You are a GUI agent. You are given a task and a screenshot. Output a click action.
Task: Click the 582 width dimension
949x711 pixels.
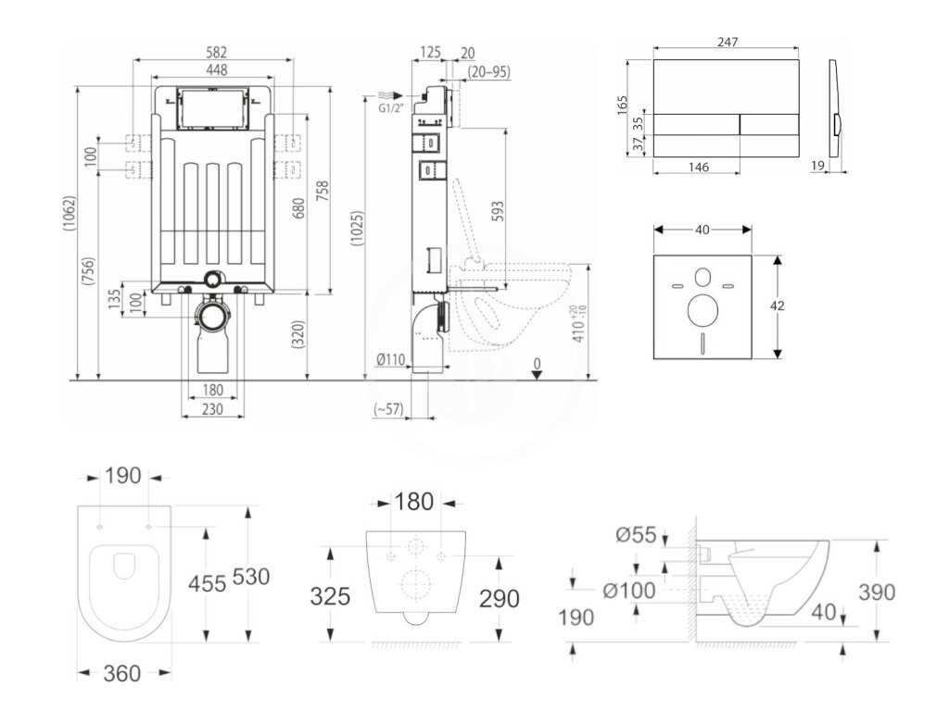tap(215, 53)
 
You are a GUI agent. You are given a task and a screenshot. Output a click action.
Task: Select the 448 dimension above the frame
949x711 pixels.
tap(215, 69)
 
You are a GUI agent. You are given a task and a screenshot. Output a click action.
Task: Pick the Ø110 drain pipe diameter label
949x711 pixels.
tap(392, 361)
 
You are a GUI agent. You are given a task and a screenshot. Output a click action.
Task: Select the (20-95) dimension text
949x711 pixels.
tap(488, 70)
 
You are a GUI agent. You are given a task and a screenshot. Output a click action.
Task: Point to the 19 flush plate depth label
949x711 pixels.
tap(816, 167)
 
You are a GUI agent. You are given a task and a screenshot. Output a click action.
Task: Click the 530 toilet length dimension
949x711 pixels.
tap(250, 576)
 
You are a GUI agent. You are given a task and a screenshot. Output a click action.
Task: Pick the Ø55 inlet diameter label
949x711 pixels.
tap(636, 534)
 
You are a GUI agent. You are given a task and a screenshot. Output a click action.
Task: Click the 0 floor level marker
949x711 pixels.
tap(537, 362)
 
